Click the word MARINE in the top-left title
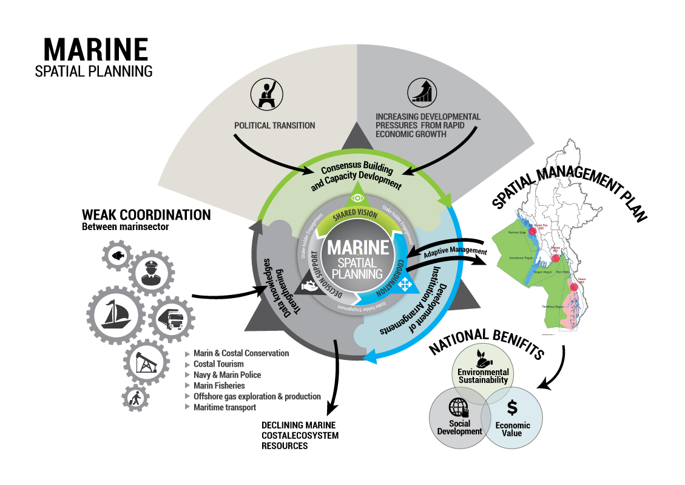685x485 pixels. (x=96, y=49)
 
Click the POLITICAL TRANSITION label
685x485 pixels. (x=275, y=126)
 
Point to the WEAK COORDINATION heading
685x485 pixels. (x=146, y=215)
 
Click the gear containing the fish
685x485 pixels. (x=118, y=255)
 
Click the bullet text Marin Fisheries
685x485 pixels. (x=219, y=385)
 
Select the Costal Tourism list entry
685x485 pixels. (x=218, y=364)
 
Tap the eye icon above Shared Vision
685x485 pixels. (x=357, y=197)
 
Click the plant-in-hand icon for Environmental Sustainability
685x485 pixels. (x=484, y=359)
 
